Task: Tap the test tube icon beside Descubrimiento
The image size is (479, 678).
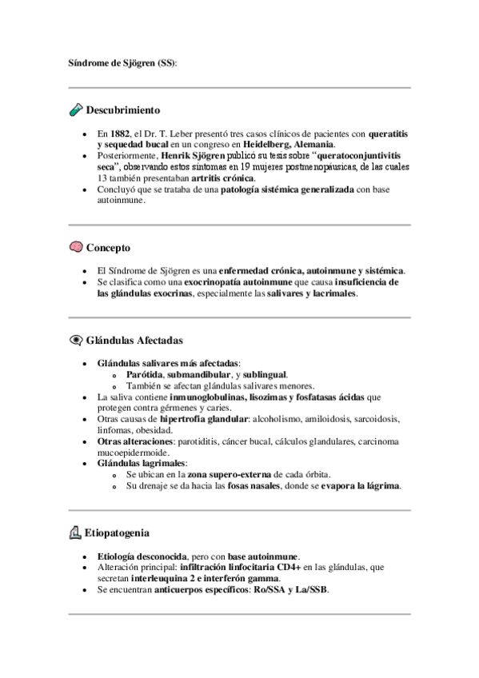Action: pos(76,110)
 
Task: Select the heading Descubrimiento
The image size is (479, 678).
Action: pos(123,110)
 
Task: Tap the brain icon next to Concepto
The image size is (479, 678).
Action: pos(76,248)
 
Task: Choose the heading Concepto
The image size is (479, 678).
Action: pos(108,248)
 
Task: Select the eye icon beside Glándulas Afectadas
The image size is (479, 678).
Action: pos(76,340)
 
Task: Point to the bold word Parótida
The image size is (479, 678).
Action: pos(145,374)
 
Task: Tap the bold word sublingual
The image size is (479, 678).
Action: pos(262,374)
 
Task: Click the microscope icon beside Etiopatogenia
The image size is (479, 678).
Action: pos(76,532)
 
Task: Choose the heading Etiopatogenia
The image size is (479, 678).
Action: pos(117,532)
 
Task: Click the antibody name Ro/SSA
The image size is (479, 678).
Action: pos(268,589)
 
